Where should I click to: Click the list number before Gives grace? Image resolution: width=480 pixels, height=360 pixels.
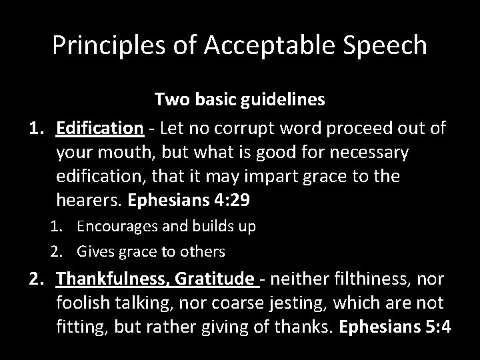point(55,251)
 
